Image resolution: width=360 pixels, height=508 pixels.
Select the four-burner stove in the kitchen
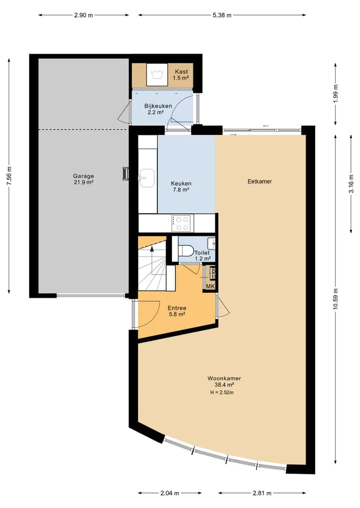point(181,223)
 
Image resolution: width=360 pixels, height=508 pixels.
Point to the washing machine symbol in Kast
point(156,74)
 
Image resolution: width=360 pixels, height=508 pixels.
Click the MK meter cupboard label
point(210,286)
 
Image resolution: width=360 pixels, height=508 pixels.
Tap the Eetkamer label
point(259,181)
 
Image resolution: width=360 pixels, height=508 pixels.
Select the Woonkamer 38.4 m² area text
point(224,381)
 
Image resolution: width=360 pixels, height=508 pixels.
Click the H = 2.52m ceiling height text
point(222,392)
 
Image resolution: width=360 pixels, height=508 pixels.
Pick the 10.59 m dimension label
point(335,299)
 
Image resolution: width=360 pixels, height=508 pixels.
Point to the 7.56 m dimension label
point(9,176)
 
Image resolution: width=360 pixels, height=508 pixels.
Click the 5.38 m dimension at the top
point(222,15)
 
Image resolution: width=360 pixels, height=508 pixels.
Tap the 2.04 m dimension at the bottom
point(169,494)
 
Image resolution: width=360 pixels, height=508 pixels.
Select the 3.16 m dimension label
point(351,184)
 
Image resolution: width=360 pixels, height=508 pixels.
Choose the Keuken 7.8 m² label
point(181,187)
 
